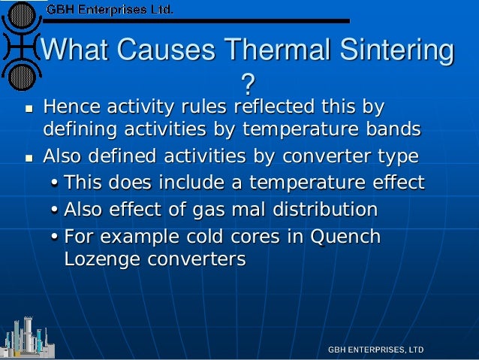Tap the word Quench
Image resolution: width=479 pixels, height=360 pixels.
click(346, 236)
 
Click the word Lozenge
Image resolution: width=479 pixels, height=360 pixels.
click(99, 259)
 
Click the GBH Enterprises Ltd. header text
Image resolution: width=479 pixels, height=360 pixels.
click(110, 11)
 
